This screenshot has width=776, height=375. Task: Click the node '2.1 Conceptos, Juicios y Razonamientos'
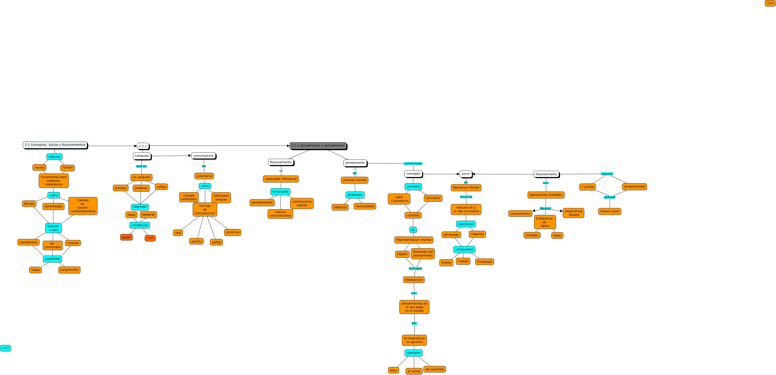(55, 145)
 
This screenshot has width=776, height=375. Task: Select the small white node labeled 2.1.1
(143, 146)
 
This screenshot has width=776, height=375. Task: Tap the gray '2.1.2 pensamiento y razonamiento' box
(318, 145)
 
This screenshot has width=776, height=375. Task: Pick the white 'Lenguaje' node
(142, 156)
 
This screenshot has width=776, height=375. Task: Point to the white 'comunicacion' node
(203, 156)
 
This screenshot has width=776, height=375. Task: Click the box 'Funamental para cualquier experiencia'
(54, 180)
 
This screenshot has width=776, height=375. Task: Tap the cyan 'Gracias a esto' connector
(53, 228)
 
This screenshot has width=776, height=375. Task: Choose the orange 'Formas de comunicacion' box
(205, 209)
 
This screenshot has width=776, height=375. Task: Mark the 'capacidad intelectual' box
(281, 179)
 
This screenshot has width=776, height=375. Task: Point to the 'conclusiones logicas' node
(302, 203)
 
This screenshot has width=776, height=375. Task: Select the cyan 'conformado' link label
(413, 164)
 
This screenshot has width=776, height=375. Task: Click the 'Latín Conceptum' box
(399, 199)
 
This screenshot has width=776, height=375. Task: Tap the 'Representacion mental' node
(414, 240)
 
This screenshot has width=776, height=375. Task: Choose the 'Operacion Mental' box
(466, 188)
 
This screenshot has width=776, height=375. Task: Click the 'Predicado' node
(484, 262)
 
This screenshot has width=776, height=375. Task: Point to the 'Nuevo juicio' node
(609, 211)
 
